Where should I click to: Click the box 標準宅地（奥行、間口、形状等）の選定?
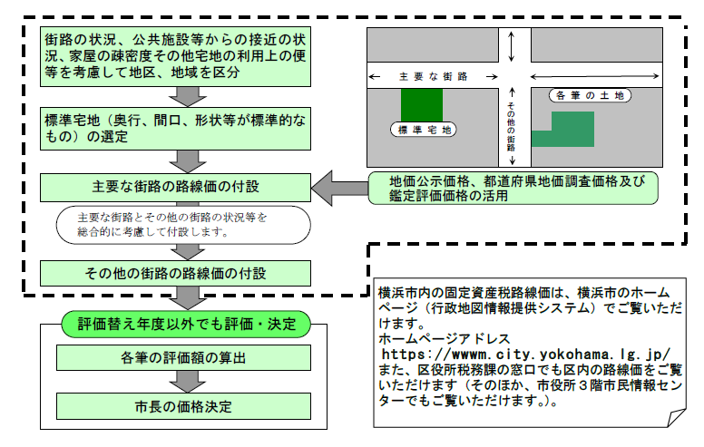coord(176,128)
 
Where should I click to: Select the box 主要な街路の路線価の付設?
coord(176,187)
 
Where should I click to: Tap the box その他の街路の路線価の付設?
coord(176,271)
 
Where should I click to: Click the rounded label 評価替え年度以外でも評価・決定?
coord(186,322)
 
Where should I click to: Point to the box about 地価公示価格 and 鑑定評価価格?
coord(513,188)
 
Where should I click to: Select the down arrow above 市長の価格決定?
coord(185,380)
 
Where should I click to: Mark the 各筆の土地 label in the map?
coord(591,94)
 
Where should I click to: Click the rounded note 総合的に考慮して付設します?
coord(172,225)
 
